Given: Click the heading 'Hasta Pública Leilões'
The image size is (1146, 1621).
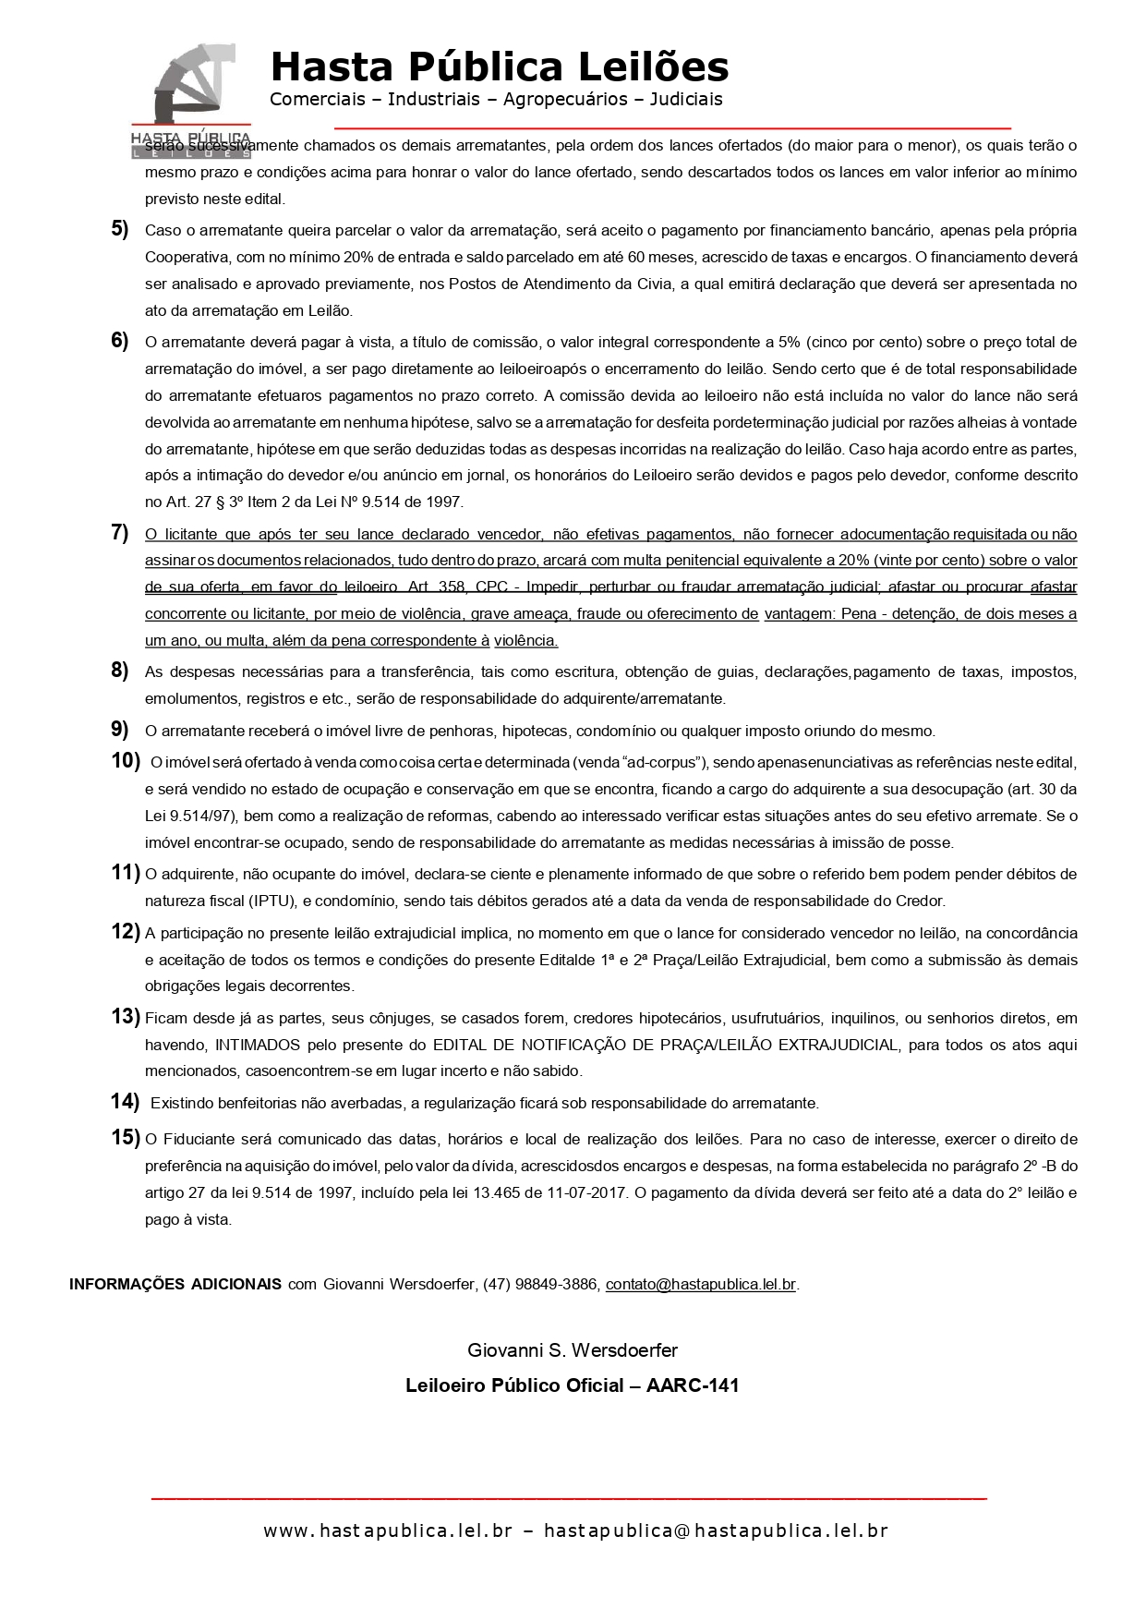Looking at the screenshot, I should click(x=499, y=67).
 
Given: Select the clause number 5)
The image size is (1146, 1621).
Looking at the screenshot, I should click(x=120, y=229).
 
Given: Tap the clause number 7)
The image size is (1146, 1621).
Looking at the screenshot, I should click(x=120, y=532).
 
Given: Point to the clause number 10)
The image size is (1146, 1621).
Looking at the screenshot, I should click(x=125, y=761).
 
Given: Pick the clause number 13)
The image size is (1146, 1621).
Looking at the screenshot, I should click(x=125, y=1017).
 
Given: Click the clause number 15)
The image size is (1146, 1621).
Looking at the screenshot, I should click(x=125, y=1138).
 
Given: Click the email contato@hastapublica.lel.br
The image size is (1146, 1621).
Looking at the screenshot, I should click(x=700, y=1284).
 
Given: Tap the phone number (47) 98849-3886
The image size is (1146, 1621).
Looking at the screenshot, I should click(x=541, y=1284).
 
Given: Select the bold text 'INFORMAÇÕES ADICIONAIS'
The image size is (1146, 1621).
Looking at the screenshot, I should click(x=175, y=1284).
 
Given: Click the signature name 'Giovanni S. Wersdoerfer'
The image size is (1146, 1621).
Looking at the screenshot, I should click(x=573, y=1350).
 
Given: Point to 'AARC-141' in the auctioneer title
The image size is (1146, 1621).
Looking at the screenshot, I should click(x=693, y=1385).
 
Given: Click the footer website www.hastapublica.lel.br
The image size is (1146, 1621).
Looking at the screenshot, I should click(x=387, y=1530).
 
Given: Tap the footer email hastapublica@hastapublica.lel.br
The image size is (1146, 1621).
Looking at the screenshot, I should click(x=716, y=1530).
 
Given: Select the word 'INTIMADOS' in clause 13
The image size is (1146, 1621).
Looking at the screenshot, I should click(x=258, y=1045).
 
